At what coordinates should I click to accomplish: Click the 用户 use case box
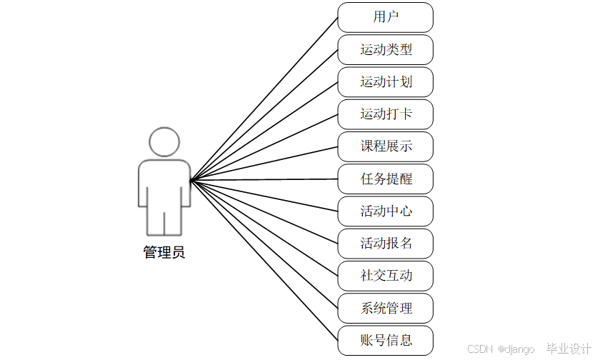[386, 17]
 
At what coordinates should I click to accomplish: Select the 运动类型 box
[386, 50]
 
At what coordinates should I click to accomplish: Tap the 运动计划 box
[386, 82]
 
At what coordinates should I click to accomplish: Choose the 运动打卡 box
[386, 114]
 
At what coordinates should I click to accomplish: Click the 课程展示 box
[386, 146]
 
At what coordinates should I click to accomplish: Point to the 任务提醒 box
[386, 179]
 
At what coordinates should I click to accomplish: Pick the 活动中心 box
[386, 211]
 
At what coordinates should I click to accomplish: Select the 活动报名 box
[386, 243]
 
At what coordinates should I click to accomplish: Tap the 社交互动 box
[386, 276]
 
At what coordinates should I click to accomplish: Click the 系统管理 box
[386, 308]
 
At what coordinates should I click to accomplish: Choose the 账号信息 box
[386, 340]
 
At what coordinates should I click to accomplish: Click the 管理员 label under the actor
[164, 252]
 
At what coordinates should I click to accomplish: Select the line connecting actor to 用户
[264, 98]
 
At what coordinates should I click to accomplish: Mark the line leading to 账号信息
[264, 259]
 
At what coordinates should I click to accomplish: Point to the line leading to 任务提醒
[264, 179]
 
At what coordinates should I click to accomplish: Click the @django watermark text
[516, 349]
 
